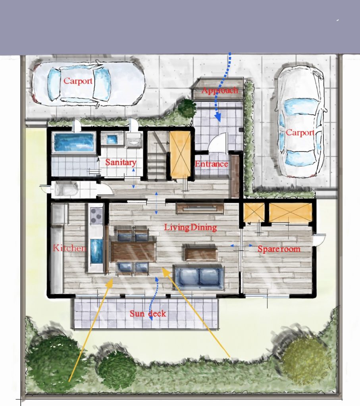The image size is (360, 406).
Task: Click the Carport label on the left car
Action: [78, 81]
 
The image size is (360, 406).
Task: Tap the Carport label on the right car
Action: [300, 132]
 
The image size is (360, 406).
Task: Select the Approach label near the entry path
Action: [220, 90]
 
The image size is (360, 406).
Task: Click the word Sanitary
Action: [121, 162]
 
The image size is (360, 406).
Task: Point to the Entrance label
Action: [212, 164]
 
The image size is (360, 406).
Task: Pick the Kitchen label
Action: [69, 248]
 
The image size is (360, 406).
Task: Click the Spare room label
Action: [279, 249]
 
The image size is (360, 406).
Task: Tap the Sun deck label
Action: [148, 314]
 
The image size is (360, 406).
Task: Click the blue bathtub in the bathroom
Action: [73, 142]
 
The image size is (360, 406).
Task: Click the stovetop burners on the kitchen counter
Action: [96, 215]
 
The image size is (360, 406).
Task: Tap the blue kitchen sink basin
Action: [96, 251]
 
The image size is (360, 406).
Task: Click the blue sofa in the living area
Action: [199, 276]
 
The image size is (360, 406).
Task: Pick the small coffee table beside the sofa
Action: [201, 252]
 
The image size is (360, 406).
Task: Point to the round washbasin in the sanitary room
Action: [134, 142]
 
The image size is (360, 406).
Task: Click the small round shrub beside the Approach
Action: [187, 108]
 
